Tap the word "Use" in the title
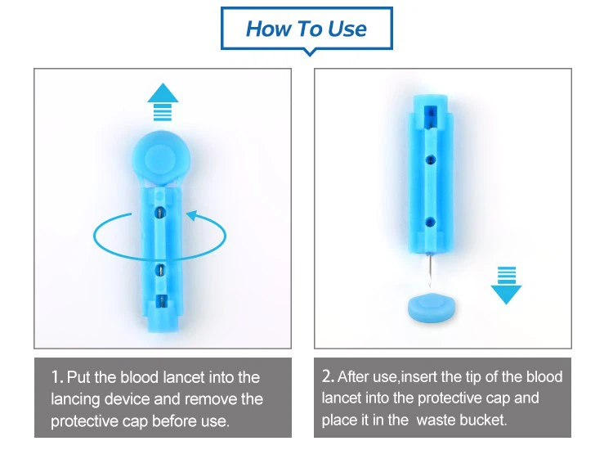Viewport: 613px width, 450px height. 347,29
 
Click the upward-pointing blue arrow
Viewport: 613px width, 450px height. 163,101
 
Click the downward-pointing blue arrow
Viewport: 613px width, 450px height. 506,286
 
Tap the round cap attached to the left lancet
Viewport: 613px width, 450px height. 161,158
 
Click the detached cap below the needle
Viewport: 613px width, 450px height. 432,308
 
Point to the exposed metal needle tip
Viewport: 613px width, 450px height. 430,270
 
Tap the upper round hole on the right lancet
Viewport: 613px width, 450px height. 431,160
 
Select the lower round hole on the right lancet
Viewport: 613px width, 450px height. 431,223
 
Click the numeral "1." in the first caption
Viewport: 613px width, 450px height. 57,377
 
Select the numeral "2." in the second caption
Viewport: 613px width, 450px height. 329,376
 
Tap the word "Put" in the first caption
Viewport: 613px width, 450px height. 79,377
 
